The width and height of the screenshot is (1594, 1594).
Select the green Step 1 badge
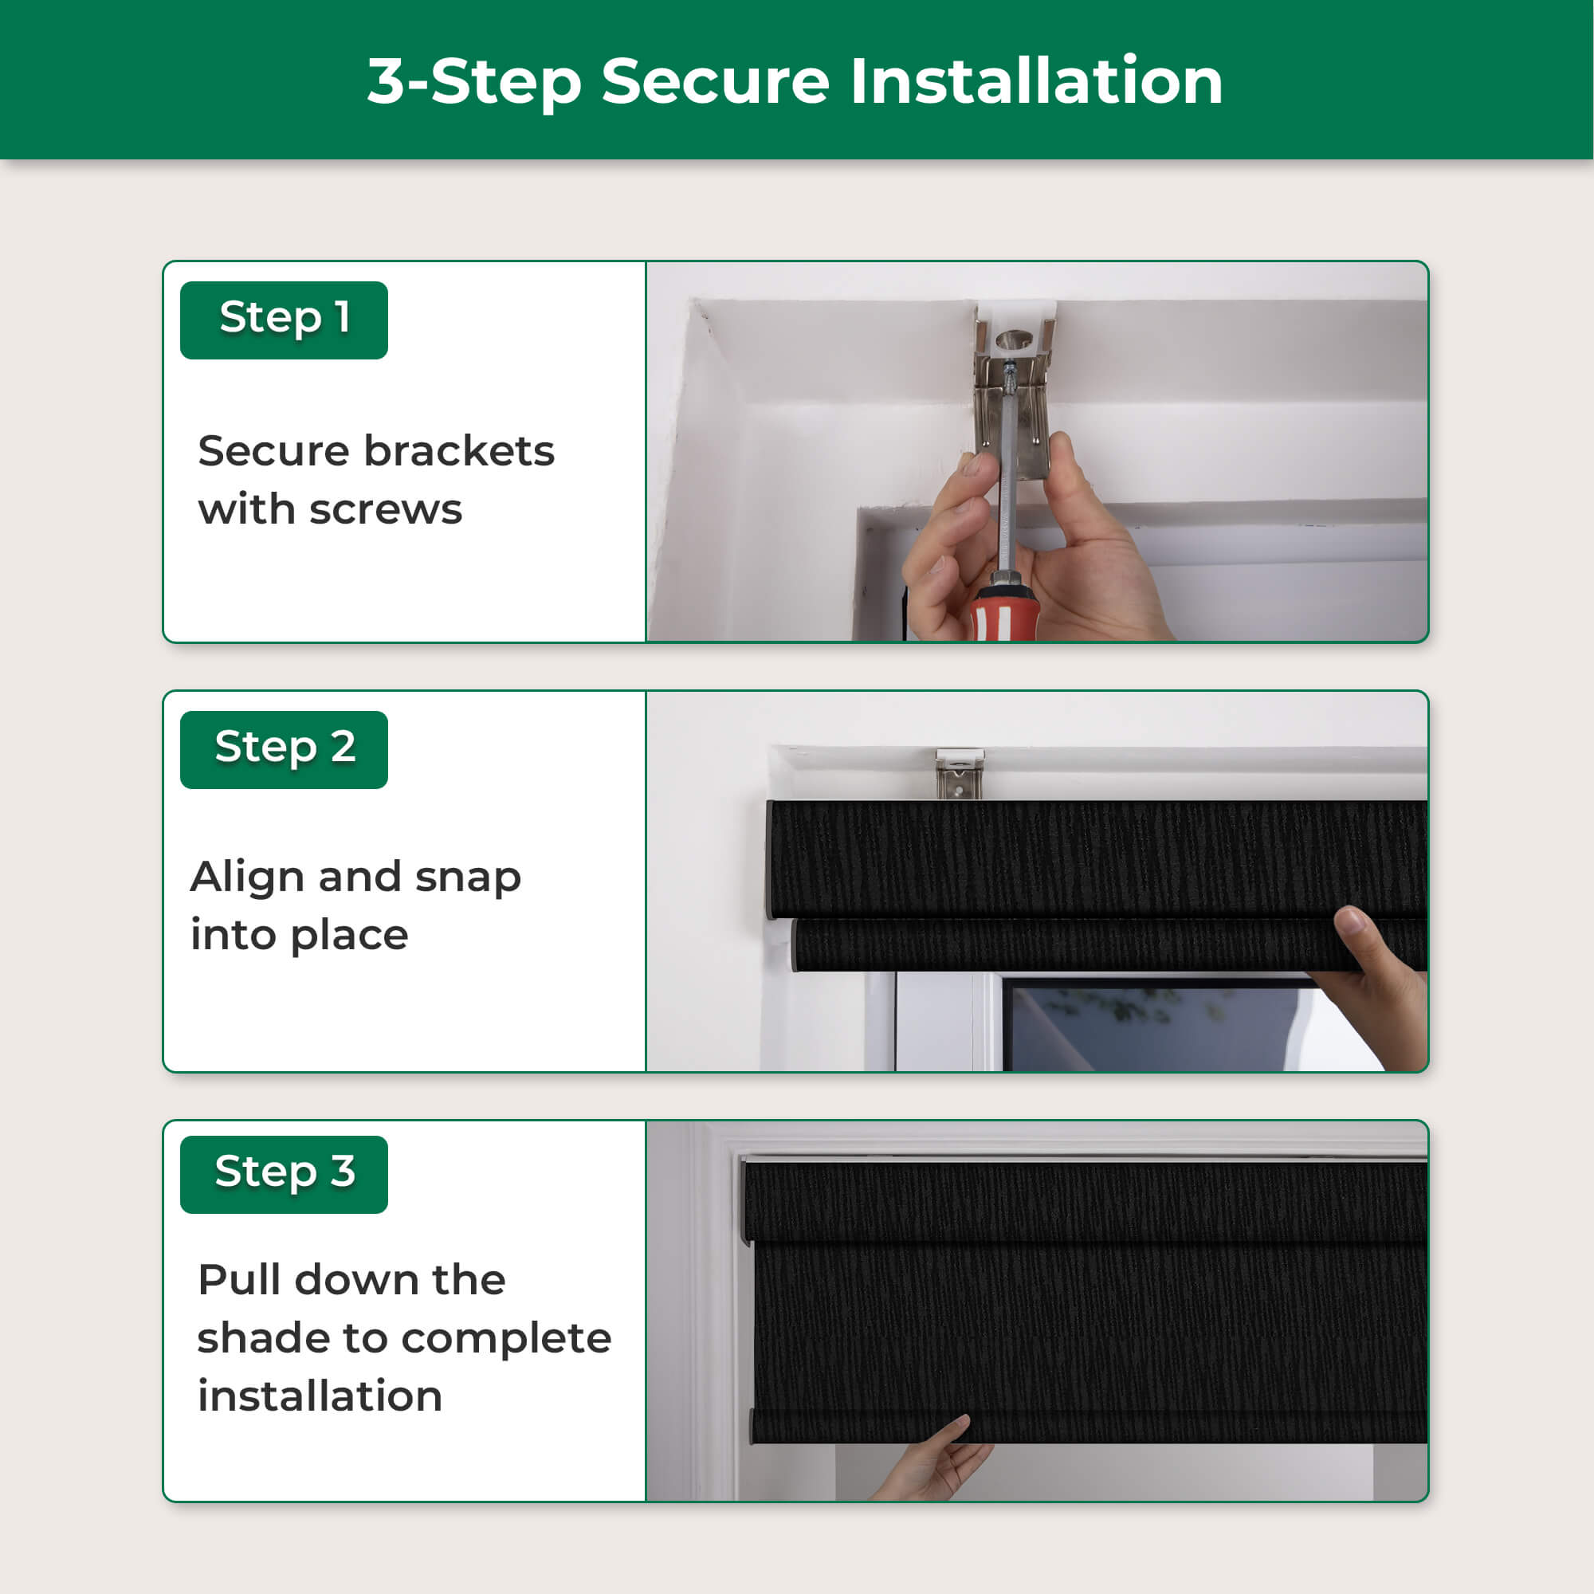(x=284, y=320)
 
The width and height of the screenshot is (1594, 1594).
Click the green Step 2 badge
(x=284, y=749)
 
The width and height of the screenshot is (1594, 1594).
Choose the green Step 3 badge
(x=284, y=1174)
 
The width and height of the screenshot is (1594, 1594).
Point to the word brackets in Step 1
(x=460, y=451)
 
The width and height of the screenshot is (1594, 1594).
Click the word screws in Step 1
(x=385, y=511)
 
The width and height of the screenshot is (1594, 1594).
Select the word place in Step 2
(x=349, y=936)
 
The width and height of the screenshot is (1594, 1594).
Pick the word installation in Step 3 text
(x=320, y=1396)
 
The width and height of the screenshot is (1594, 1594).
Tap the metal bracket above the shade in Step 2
(x=960, y=774)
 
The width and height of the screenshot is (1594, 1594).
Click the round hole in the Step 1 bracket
(x=1014, y=338)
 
